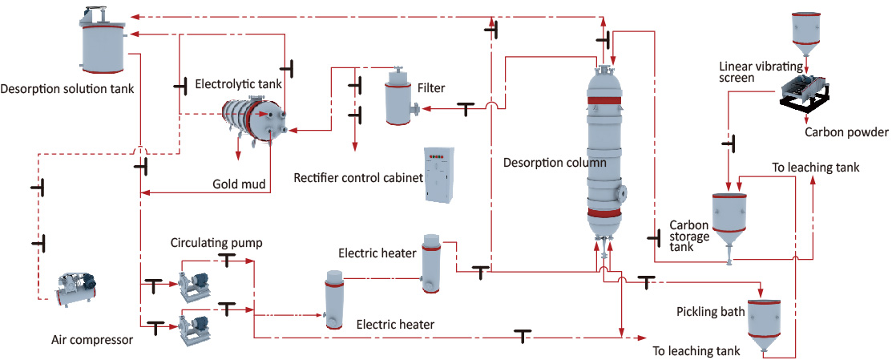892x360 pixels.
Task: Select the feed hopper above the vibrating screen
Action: click(806, 29)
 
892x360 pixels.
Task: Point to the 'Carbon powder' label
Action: click(846, 132)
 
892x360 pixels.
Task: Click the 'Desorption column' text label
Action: click(555, 162)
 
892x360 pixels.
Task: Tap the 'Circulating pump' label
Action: click(216, 243)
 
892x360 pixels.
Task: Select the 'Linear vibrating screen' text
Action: click(749, 72)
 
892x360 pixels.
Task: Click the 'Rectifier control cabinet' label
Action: click(358, 177)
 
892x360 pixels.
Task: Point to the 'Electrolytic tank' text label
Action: click(236, 83)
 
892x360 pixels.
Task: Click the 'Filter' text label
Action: click(431, 87)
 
